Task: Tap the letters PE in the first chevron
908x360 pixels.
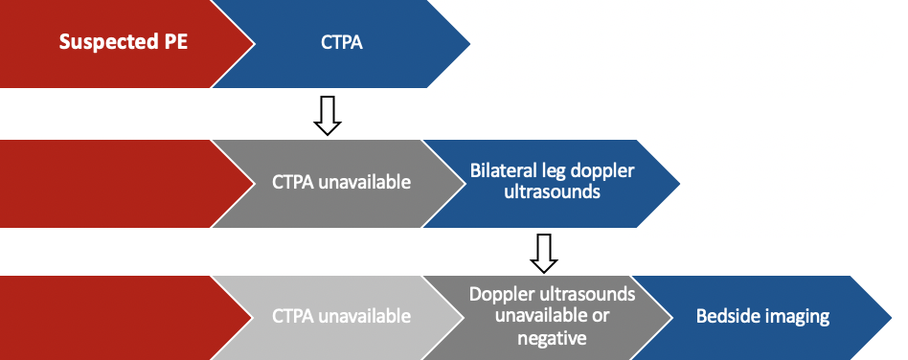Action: pyautogui.click(x=176, y=42)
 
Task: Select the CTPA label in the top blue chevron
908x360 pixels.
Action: pyautogui.click(x=342, y=43)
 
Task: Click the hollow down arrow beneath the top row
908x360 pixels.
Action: pyautogui.click(x=328, y=116)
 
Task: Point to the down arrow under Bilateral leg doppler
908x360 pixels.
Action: pyautogui.click(x=544, y=253)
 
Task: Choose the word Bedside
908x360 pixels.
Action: pyautogui.click(x=730, y=317)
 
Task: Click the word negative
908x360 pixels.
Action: pyautogui.click(x=552, y=338)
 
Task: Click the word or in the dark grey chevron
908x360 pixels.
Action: pyautogui.click(x=602, y=317)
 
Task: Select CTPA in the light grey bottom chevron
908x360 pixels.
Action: pyautogui.click(x=294, y=317)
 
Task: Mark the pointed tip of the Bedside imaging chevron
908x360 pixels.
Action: pyautogui.click(x=891, y=318)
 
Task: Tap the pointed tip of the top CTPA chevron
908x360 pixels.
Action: pyautogui.click(x=469, y=43)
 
